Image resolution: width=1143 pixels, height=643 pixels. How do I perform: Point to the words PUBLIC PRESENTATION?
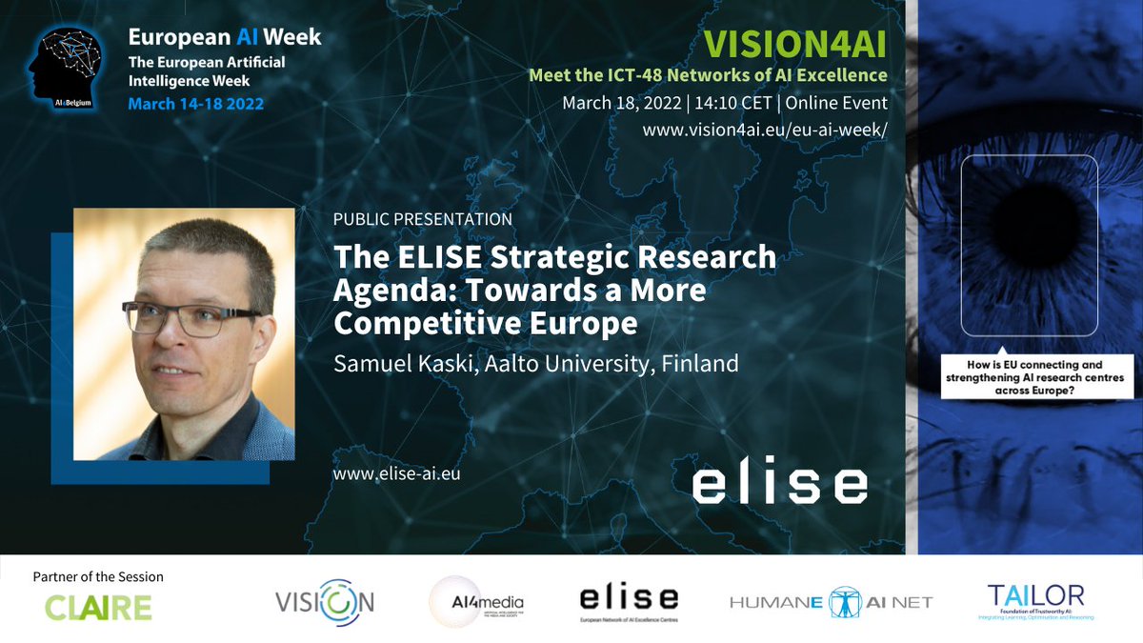coord(423,219)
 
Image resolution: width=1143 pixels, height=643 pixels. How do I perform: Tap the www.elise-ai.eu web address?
coord(396,472)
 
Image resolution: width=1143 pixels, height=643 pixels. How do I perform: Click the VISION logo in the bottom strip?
coord(324,602)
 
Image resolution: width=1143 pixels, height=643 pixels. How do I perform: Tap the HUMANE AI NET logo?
coord(831,602)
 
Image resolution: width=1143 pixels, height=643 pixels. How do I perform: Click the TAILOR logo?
coord(1035,600)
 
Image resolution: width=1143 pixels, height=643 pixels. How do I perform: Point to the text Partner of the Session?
coord(98,576)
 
